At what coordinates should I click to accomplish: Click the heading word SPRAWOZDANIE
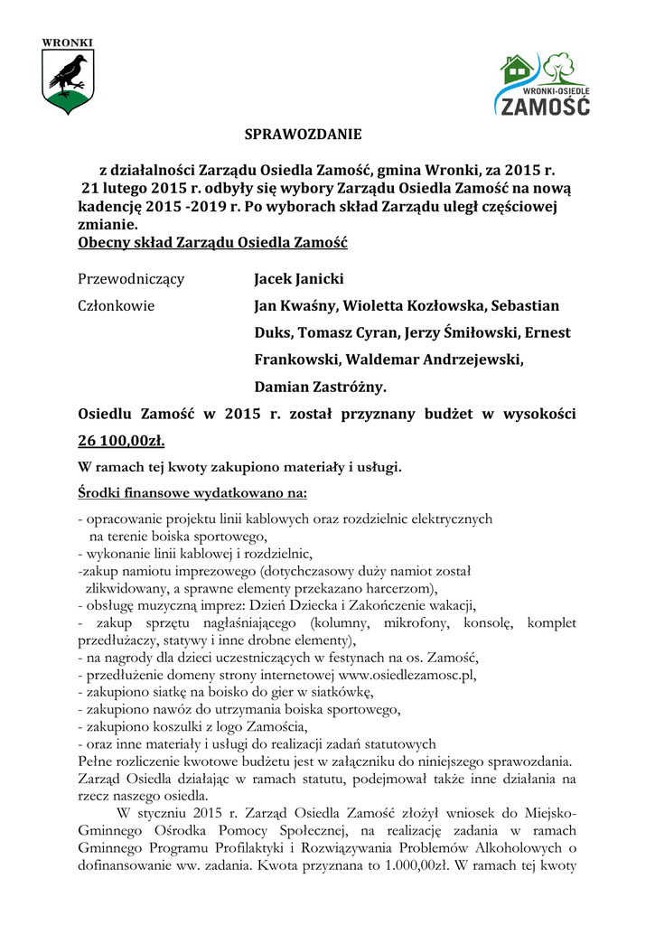(303, 135)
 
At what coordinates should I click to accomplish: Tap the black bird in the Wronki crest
(68, 73)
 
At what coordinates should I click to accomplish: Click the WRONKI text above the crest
(68, 42)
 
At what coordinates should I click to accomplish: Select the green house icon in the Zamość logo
(517, 69)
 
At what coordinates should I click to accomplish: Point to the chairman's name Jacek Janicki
(299, 278)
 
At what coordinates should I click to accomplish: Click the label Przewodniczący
(131, 278)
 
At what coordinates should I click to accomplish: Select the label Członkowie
(117, 305)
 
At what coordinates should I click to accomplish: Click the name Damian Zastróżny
(320, 387)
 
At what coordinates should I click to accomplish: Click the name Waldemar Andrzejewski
(433, 360)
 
